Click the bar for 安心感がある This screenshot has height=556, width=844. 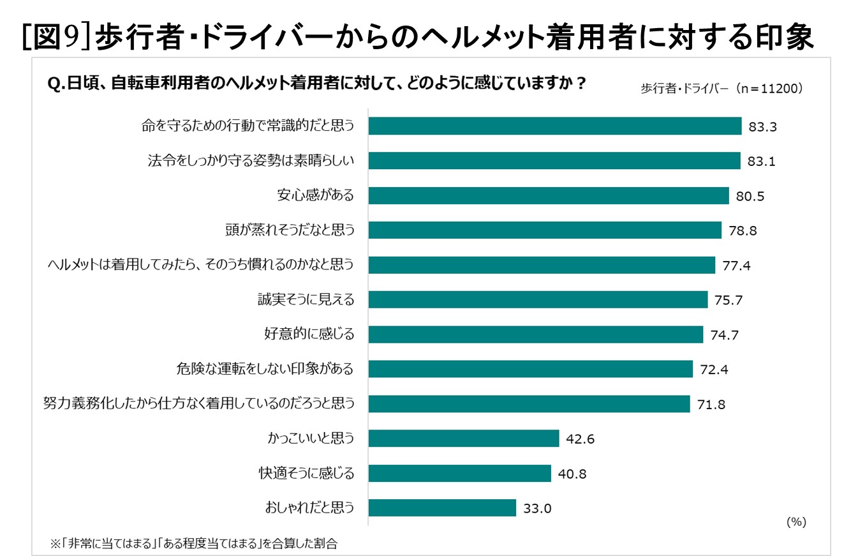[x=548, y=195]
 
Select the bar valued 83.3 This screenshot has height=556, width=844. [x=554, y=126]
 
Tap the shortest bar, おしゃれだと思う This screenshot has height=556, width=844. [x=441, y=508]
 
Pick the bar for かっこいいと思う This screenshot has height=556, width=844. [x=463, y=439]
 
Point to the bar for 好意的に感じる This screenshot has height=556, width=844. [x=535, y=334]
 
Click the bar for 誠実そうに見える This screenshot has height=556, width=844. [x=538, y=299]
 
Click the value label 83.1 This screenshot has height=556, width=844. [x=761, y=162]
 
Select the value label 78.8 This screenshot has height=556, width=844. [x=743, y=230]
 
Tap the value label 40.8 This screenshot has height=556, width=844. [x=572, y=474]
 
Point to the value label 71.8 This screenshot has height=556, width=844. [x=711, y=404]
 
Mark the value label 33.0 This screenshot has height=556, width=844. [x=537, y=509]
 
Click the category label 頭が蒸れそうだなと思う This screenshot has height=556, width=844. [x=289, y=230]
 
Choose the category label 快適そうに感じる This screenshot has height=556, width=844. [x=306, y=474]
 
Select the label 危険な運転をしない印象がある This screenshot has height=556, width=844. [x=264, y=369]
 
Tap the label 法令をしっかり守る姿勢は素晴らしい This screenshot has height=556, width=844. [x=250, y=162]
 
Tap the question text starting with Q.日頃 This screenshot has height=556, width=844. [x=317, y=84]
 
